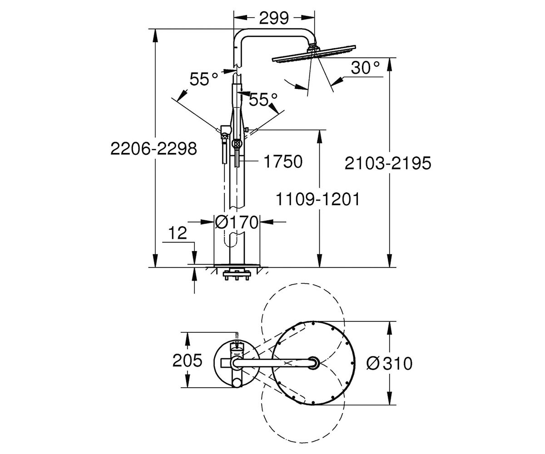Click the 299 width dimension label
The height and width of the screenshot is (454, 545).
tap(274, 18)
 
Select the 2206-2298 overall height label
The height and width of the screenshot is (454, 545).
tap(154, 149)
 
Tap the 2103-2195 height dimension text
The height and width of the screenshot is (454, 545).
tap(388, 163)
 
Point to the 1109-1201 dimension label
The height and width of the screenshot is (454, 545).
tap(317, 199)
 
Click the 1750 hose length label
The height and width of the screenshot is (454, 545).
tap(283, 161)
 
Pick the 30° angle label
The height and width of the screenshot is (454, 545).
tap(365, 68)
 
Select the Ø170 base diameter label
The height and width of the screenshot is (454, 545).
tap(236, 222)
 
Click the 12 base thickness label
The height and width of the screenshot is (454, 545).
tap(178, 233)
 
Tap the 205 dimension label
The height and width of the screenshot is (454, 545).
tap(187, 360)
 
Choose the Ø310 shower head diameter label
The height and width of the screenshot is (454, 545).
tap(389, 364)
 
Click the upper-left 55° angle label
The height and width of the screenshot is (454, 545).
tap(203, 79)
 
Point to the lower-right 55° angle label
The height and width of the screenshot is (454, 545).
tap(263, 99)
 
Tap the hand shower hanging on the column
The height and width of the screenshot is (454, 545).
tap(224, 144)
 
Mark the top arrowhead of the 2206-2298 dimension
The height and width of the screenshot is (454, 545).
tap(155, 35)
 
